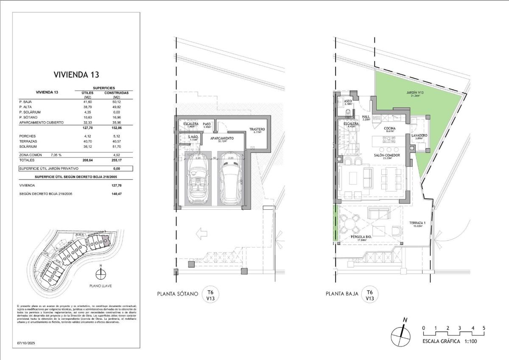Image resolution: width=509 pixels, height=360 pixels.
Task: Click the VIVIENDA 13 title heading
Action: [76, 75]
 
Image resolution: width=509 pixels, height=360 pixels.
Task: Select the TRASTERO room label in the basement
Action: [257, 129]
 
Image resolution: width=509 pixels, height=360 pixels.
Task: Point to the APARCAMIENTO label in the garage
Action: [221, 139]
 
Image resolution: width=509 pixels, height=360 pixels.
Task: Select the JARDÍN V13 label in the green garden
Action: [403, 93]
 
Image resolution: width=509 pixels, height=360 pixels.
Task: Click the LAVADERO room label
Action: [419, 136]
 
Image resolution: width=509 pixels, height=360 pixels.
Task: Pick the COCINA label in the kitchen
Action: [390, 129]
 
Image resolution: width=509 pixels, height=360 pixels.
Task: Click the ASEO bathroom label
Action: [348, 102]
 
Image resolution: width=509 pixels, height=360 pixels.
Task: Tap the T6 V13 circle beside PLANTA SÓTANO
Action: [210, 295]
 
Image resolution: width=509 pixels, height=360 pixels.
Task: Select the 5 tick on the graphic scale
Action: [484, 328]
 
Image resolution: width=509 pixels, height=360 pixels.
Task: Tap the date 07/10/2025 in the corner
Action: [26, 343]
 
